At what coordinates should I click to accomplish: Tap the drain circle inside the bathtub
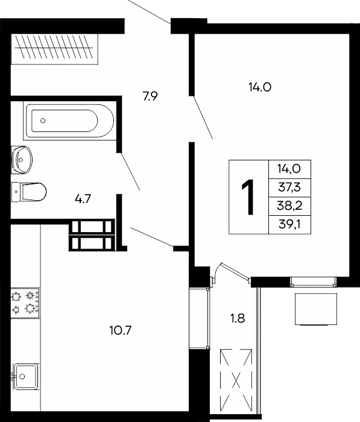tap(43, 121)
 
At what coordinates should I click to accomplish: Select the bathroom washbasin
tap(22, 160)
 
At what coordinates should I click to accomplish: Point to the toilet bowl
tap(29, 192)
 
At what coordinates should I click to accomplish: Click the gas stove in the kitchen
tap(25, 303)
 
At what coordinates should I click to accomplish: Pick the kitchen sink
tap(26, 377)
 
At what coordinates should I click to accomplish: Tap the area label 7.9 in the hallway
tap(150, 96)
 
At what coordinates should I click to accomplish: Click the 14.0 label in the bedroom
tap(259, 87)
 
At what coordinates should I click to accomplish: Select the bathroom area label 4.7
tap(83, 199)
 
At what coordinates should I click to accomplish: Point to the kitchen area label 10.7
tap(121, 330)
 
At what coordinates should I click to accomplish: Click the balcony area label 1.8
tap(238, 318)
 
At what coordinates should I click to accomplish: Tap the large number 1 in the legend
tap(248, 197)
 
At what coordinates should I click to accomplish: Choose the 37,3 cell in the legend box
tap(289, 187)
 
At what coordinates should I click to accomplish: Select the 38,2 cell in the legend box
tap(289, 206)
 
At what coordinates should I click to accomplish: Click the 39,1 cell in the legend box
tap(289, 224)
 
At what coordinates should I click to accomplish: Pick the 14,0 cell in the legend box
tap(289, 169)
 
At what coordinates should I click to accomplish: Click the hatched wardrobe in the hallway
tap(54, 49)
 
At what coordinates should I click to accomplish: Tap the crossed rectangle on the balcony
tap(236, 382)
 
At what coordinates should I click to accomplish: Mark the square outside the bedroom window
tap(316, 309)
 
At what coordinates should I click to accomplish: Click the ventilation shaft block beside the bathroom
tap(92, 235)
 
